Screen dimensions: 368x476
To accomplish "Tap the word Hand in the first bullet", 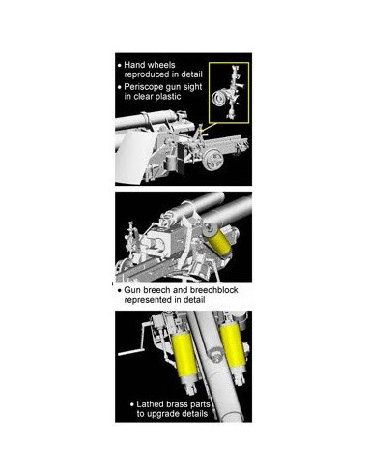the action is [x=133, y=65].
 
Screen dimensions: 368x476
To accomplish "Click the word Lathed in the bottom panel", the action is [x=149, y=404].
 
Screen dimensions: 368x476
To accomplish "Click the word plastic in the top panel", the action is [x=168, y=96].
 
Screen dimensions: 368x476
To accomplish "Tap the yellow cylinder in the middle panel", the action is [x=218, y=242].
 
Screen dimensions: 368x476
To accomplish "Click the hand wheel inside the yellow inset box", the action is [x=218, y=98].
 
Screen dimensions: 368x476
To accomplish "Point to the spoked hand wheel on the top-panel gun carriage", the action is [x=212, y=161].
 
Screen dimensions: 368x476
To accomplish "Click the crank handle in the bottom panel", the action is [x=135, y=345].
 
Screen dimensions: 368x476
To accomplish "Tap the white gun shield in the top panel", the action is [x=132, y=157].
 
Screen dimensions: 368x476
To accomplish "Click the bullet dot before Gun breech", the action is [x=120, y=290].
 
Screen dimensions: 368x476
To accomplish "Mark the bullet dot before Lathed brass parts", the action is [x=132, y=404].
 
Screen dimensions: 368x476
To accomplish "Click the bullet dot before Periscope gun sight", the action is [x=120, y=87].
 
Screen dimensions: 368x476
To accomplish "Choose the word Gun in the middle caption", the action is [x=130, y=290].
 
